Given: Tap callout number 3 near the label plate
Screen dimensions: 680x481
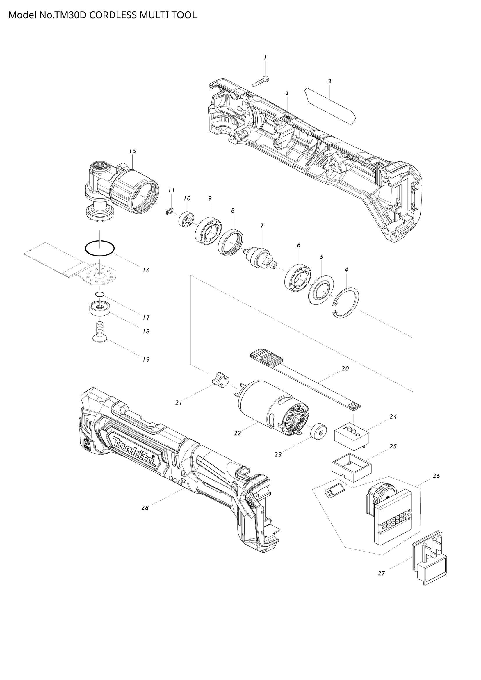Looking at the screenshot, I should tap(329, 81).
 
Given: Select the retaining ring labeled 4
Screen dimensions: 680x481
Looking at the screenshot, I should tap(346, 303).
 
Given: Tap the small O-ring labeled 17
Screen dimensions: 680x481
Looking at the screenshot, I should tap(100, 294).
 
